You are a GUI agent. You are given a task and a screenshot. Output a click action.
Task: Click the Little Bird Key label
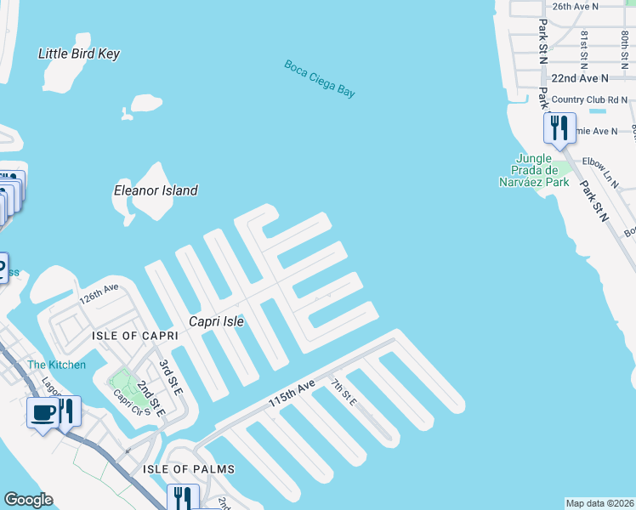(79, 54)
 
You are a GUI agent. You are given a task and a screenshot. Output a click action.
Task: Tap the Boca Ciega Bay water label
(320, 79)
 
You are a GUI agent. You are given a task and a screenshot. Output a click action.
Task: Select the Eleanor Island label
(156, 190)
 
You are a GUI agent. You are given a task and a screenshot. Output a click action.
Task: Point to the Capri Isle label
(216, 322)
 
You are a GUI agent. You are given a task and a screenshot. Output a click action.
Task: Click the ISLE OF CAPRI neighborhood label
(135, 336)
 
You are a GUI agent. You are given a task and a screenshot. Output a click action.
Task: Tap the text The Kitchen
(56, 365)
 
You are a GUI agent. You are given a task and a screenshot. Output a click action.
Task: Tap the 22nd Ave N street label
(580, 77)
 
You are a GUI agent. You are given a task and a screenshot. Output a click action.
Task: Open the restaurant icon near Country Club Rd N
(559, 128)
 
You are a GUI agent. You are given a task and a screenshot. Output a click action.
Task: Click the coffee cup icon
(43, 412)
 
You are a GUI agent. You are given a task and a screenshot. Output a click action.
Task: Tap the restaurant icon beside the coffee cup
(67, 411)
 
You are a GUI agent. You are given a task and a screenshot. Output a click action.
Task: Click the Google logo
(28, 500)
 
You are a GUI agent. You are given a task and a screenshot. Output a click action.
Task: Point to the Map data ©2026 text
(599, 503)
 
